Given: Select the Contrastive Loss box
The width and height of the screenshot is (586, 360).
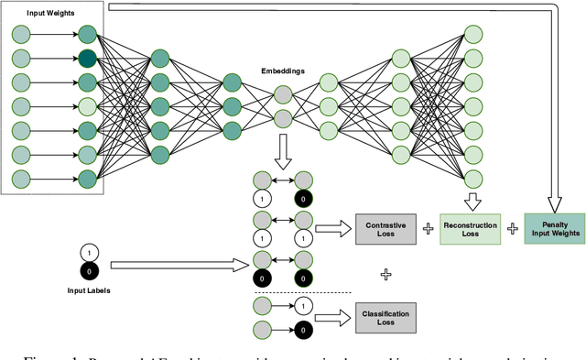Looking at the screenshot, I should [385, 226].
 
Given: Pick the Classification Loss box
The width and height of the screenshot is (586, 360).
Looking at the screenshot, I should [385, 317].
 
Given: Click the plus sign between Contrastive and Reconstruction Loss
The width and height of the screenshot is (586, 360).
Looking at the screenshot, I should [428, 227].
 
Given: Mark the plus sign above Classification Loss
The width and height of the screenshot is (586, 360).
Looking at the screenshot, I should [385, 273].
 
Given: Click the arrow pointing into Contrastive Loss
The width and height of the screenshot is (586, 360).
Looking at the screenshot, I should [334, 227].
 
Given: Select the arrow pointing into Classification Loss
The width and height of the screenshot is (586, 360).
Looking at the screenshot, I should [334, 317].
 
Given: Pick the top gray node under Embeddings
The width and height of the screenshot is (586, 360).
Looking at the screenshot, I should [283, 94].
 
